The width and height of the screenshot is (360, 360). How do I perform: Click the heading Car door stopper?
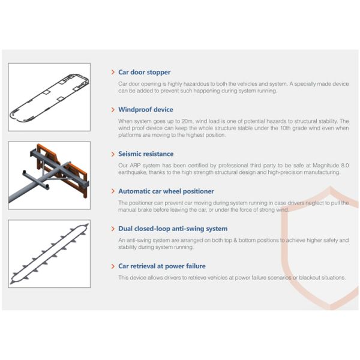pyautogui.click(x=144, y=72)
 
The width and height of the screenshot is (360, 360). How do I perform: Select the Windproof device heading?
pyautogui.click(x=146, y=110)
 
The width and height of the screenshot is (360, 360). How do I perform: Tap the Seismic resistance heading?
pyautogui.click(x=146, y=154)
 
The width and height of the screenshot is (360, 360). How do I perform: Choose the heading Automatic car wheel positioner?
pyautogui.click(x=166, y=191)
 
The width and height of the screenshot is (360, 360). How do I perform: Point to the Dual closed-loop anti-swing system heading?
pyautogui.click(x=173, y=229)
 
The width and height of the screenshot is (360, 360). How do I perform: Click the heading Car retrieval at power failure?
pyautogui.click(x=162, y=266)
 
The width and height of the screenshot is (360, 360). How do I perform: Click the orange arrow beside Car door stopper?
pyautogui.click(x=113, y=72)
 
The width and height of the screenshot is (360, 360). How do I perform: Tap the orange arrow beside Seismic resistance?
pyautogui.click(x=113, y=154)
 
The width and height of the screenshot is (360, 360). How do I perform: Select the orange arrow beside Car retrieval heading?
pyautogui.click(x=113, y=266)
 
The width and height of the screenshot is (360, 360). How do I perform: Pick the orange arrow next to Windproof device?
pyautogui.click(x=113, y=110)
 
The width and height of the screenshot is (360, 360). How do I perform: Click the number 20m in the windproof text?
pyautogui.click(x=187, y=121)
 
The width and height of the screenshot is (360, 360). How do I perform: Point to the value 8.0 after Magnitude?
pyautogui.click(x=345, y=166)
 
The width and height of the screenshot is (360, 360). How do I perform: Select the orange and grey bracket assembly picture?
pyautogui.click(x=49, y=175)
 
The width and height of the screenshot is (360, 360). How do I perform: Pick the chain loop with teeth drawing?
pyautogui.click(x=49, y=254)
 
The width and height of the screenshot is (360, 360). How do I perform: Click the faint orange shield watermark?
pyautogui.click(x=284, y=248)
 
